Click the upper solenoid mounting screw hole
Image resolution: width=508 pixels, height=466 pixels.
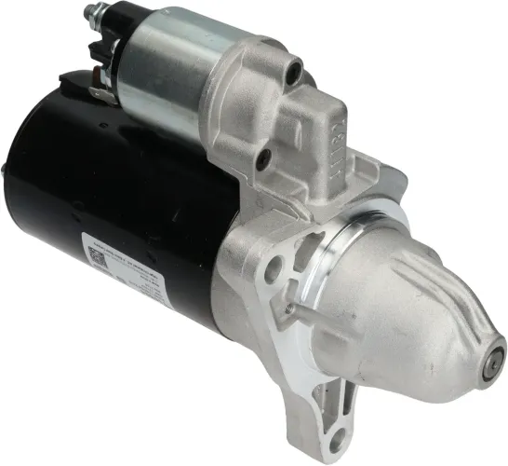(295, 67)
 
